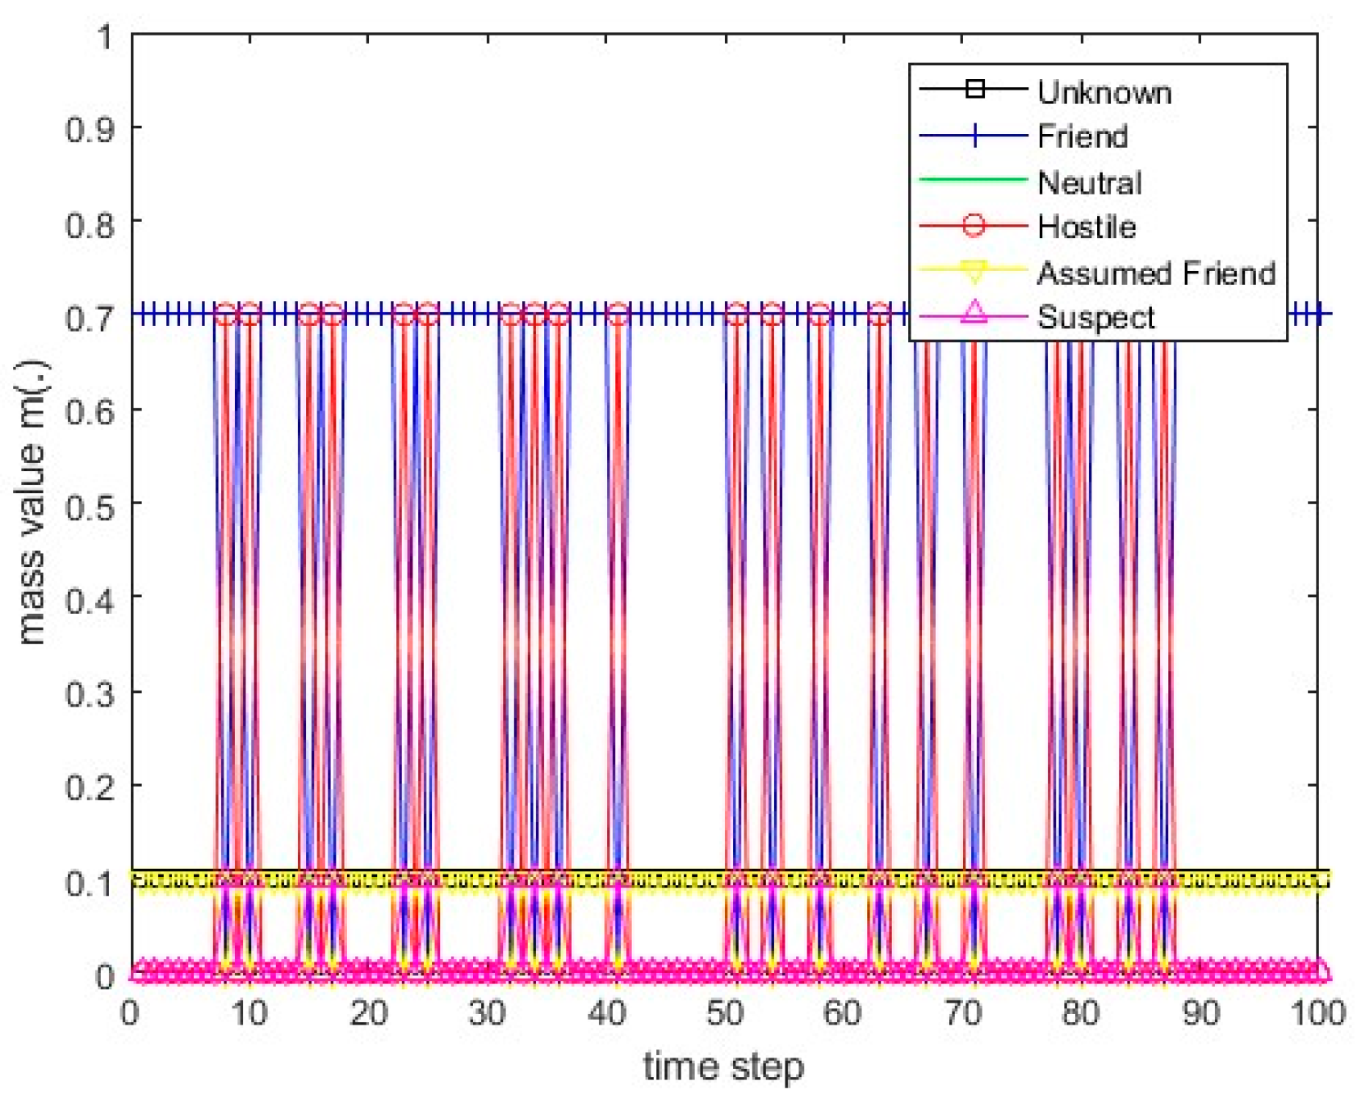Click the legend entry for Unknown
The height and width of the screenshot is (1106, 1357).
(1103, 93)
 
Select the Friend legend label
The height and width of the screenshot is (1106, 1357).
(1082, 136)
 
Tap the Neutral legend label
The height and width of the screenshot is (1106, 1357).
(1089, 183)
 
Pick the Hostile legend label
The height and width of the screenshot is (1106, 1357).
(1086, 227)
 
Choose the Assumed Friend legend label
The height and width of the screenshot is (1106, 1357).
(1155, 273)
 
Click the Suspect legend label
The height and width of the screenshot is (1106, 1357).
(1095, 317)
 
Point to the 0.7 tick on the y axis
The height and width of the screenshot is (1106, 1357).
(90, 317)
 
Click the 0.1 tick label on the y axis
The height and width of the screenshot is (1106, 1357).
(90, 883)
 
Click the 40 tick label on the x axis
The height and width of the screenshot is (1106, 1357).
(606, 1012)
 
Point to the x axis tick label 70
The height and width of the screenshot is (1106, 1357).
(962, 1012)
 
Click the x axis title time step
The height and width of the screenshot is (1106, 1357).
(723, 1066)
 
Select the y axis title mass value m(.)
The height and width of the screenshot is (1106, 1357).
(32, 503)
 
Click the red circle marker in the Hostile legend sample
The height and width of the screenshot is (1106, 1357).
(974, 225)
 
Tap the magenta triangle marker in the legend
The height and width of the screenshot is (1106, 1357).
(974, 312)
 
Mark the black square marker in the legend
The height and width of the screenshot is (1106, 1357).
(974, 89)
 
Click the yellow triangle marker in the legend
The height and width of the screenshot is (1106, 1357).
(974, 272)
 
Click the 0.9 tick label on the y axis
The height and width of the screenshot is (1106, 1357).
(90, 129)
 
